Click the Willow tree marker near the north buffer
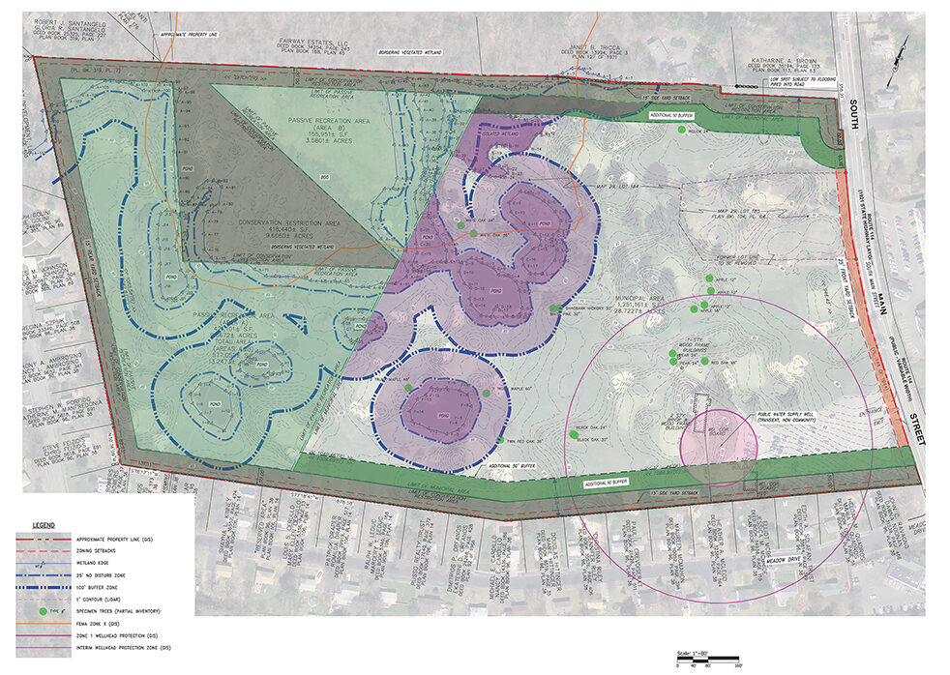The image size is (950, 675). tap(681, 129)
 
